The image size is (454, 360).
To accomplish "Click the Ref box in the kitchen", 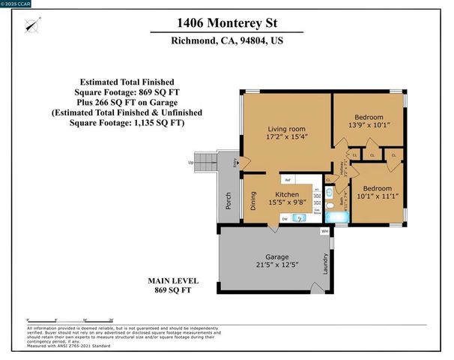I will click(288, 181).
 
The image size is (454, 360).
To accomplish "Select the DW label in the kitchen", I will click(285, 218).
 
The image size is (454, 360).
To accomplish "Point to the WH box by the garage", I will click(324, 232).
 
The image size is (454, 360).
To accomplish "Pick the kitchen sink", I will click(300, 218).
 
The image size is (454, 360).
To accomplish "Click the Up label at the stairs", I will click(191, 163).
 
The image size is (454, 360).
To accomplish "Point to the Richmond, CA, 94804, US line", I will click(226, 43).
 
